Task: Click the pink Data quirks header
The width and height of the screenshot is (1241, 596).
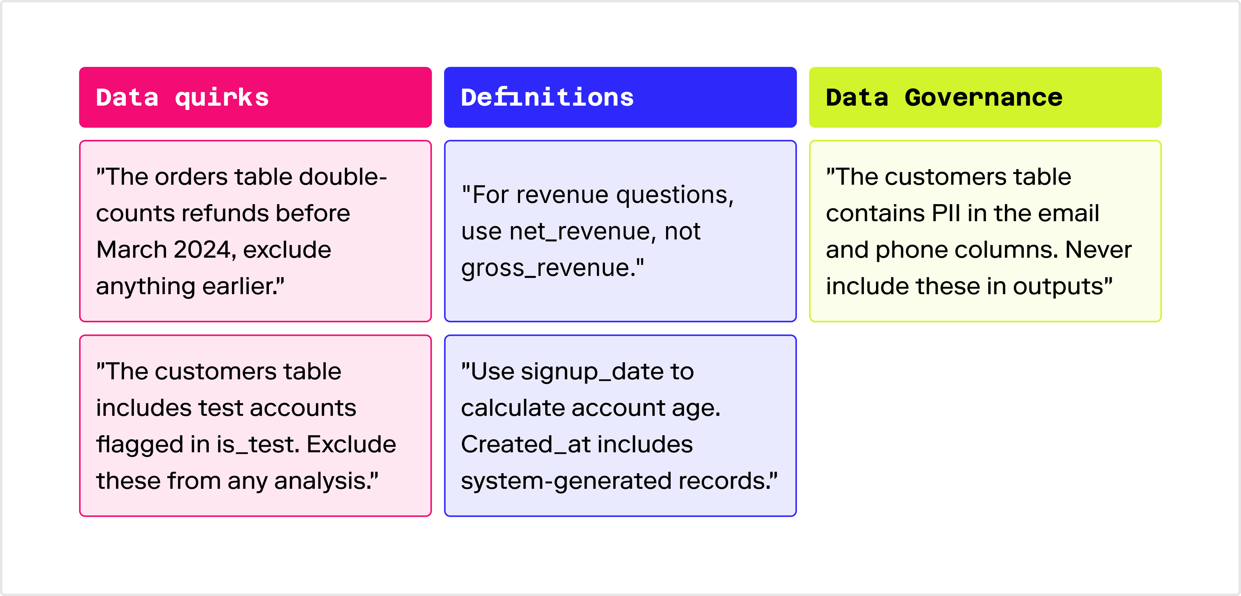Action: [x=255, y=97]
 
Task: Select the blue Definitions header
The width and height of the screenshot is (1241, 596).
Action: [x=620, y=97]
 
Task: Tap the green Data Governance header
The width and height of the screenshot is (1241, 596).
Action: [x=985, y=97]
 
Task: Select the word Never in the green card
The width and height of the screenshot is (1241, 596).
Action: [x=1098, y=250]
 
